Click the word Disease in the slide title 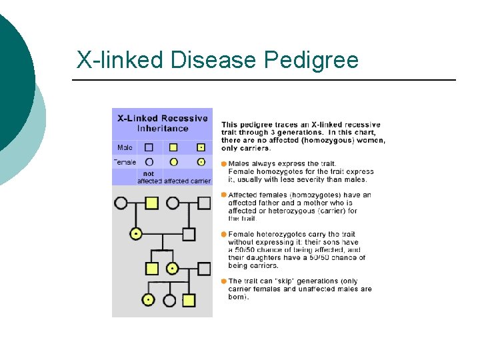point(214,60)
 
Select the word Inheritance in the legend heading point(163,128)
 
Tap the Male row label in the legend point(125,147)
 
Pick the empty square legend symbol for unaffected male point(149,147)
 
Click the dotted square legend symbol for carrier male point(200,147)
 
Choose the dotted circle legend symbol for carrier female point(200,162)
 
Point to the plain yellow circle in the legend point(174,162)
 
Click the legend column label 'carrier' point(201,181)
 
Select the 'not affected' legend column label point(149,177)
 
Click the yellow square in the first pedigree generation point(151,203)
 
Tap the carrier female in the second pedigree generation point(136,234)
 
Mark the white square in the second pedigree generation point(189,234)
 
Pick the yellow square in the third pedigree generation point(151,269)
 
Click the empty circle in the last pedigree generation point(170,300)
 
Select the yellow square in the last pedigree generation point(189,300)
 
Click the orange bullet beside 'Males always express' point(224,163)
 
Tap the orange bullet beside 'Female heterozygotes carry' point(224,234)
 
